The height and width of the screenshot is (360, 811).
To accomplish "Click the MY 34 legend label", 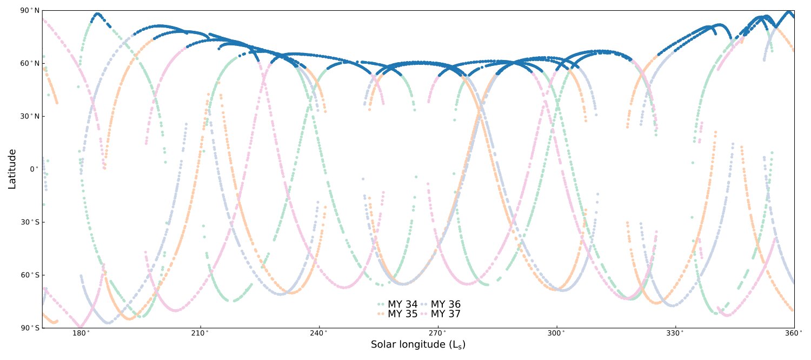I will tap(403, 304).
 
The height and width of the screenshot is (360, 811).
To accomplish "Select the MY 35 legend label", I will tap(403, 314).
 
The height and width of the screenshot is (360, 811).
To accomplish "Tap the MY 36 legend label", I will tap(446, 304).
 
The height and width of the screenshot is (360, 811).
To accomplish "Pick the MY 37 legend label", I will tap(446, 314).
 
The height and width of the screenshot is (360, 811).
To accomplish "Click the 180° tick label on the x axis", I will tap(81, 333).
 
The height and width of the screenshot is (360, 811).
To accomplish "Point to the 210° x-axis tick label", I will tap(200, 333).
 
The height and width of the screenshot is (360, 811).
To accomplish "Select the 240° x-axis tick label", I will tap(319, 333).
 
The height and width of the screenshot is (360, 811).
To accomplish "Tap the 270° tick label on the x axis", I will tap(437, 333).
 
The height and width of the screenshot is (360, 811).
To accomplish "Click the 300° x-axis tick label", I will tap(556, 333).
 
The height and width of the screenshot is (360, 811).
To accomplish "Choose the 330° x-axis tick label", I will tap(675, 333).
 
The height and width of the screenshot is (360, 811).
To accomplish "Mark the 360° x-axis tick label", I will tap(794, 333).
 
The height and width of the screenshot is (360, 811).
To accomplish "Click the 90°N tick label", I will tap(30, 11).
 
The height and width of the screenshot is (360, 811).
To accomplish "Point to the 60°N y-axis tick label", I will tap(30, 63).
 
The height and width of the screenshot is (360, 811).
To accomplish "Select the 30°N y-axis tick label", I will tap(30, 116).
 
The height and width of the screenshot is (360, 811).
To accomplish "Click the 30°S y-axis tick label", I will tap(30, 222).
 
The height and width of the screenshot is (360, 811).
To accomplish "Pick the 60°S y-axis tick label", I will tap(30, 275).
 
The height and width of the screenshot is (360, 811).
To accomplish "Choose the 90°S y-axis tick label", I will tap(30, 328).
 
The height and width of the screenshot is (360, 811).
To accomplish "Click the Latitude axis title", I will tap(12, 169).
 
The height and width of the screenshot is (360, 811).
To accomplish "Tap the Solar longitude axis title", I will tap(418, 345).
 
